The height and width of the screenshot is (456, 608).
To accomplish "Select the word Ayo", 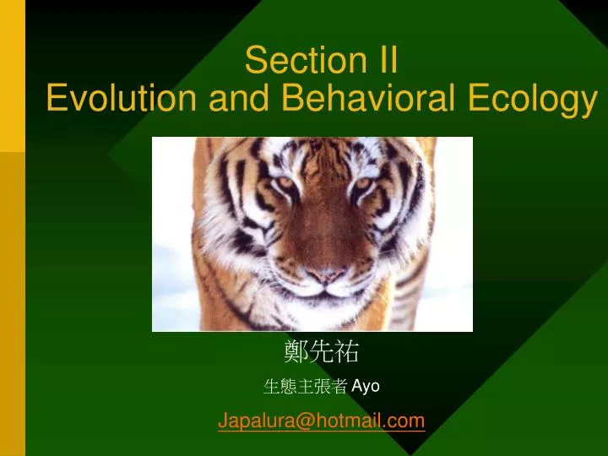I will click(366, 387).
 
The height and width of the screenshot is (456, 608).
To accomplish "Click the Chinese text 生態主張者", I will click(305, 387).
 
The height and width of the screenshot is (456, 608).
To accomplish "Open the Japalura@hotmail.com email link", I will click(321, 421).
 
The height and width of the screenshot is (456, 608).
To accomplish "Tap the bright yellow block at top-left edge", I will click(12, 76).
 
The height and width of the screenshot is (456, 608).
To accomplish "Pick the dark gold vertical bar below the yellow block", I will click(12, 304).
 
